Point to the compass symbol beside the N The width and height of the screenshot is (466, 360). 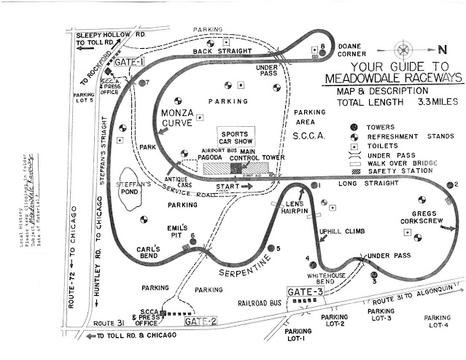403,51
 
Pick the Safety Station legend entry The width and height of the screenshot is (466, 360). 390,170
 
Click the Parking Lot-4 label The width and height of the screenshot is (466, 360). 437,321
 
